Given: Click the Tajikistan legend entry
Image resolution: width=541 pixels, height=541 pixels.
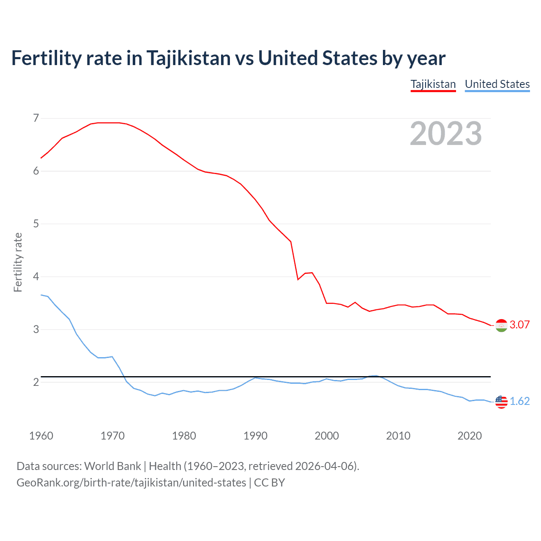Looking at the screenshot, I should pos(433,84).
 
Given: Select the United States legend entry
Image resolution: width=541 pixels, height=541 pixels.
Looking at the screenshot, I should pos(497,84).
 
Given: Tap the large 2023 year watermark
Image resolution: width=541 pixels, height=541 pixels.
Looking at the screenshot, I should pos(446,134).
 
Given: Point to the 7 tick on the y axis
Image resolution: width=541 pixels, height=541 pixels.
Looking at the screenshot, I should pos(36,118).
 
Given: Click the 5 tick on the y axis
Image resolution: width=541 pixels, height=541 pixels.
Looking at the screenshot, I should pos(36,224).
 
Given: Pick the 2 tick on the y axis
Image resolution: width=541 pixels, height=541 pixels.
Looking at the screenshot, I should pos(36,382).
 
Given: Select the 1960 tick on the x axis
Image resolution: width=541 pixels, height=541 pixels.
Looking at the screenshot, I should pos(41,436).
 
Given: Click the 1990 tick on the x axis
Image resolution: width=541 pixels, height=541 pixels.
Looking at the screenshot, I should pos(255,436).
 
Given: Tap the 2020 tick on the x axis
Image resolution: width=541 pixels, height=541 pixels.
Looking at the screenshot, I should pos(470,436).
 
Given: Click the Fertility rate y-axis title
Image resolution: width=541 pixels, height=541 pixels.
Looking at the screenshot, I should pos(18,262).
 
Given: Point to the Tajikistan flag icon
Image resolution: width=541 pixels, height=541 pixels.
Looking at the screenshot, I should pos(501,325).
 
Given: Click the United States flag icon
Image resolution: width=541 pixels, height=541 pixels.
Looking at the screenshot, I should pos(501,402).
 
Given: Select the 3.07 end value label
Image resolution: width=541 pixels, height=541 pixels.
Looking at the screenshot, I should pos(519,325).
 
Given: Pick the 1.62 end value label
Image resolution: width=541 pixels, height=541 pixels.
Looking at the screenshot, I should pos(519,401).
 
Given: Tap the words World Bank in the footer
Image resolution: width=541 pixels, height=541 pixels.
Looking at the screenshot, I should pos(112,466).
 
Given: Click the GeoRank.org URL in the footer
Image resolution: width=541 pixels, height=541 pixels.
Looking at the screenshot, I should pos(131,482).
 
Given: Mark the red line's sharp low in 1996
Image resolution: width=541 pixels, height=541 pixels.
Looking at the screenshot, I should pos(298,279).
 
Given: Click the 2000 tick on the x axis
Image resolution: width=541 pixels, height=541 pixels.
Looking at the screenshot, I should pos(327,436).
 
